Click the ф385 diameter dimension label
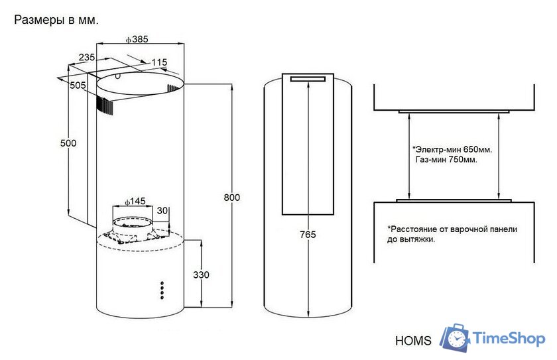pyautogui.click(x=137, y=39)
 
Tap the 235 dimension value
pyautogui.click(x=87, y=57)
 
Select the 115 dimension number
pyautogui.click(x=159, y=62)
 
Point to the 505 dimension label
pyautogui.click(x=78, y=86)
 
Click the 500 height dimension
pyautogui.click(x=68, y=143)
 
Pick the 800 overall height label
pyautogui.click(x=231, y=198)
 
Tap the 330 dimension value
pyautogui.click(x=201, y=274)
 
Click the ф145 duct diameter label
pyautogui.click(x=135, y=202)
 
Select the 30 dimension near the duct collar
pyautogui.click(x=162, y=211)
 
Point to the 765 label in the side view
pyautogui.click(x=308, y=234)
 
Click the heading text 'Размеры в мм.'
pyautogui.click(x=56, y=21)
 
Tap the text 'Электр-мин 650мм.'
pyautogui.click(x=452, y=149)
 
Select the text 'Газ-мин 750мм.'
pyautogui.click(x=446, y=160)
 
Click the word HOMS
pyautogui.click(x=413, y=341)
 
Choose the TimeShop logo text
pyautogui.click(x=509, y=338)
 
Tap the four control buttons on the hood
pyautogui.click(x=162, y=290)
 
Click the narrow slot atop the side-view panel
pyautogui.click(x=308, y=79)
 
